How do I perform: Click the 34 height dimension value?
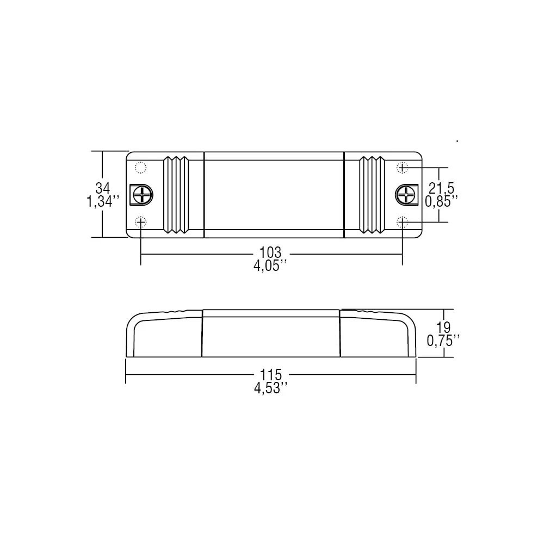point(102,188)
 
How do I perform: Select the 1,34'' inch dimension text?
point(103,202)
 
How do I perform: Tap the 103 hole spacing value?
point(270,252)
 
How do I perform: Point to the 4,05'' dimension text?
point(270,266)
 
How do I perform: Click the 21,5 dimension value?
point(441,188)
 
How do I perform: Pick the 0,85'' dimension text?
point(441,202)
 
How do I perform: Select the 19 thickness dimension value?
point(443,327)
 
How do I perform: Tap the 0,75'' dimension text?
point(443,341)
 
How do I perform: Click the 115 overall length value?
point(271,375)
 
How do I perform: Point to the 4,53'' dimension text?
point(271,388)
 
